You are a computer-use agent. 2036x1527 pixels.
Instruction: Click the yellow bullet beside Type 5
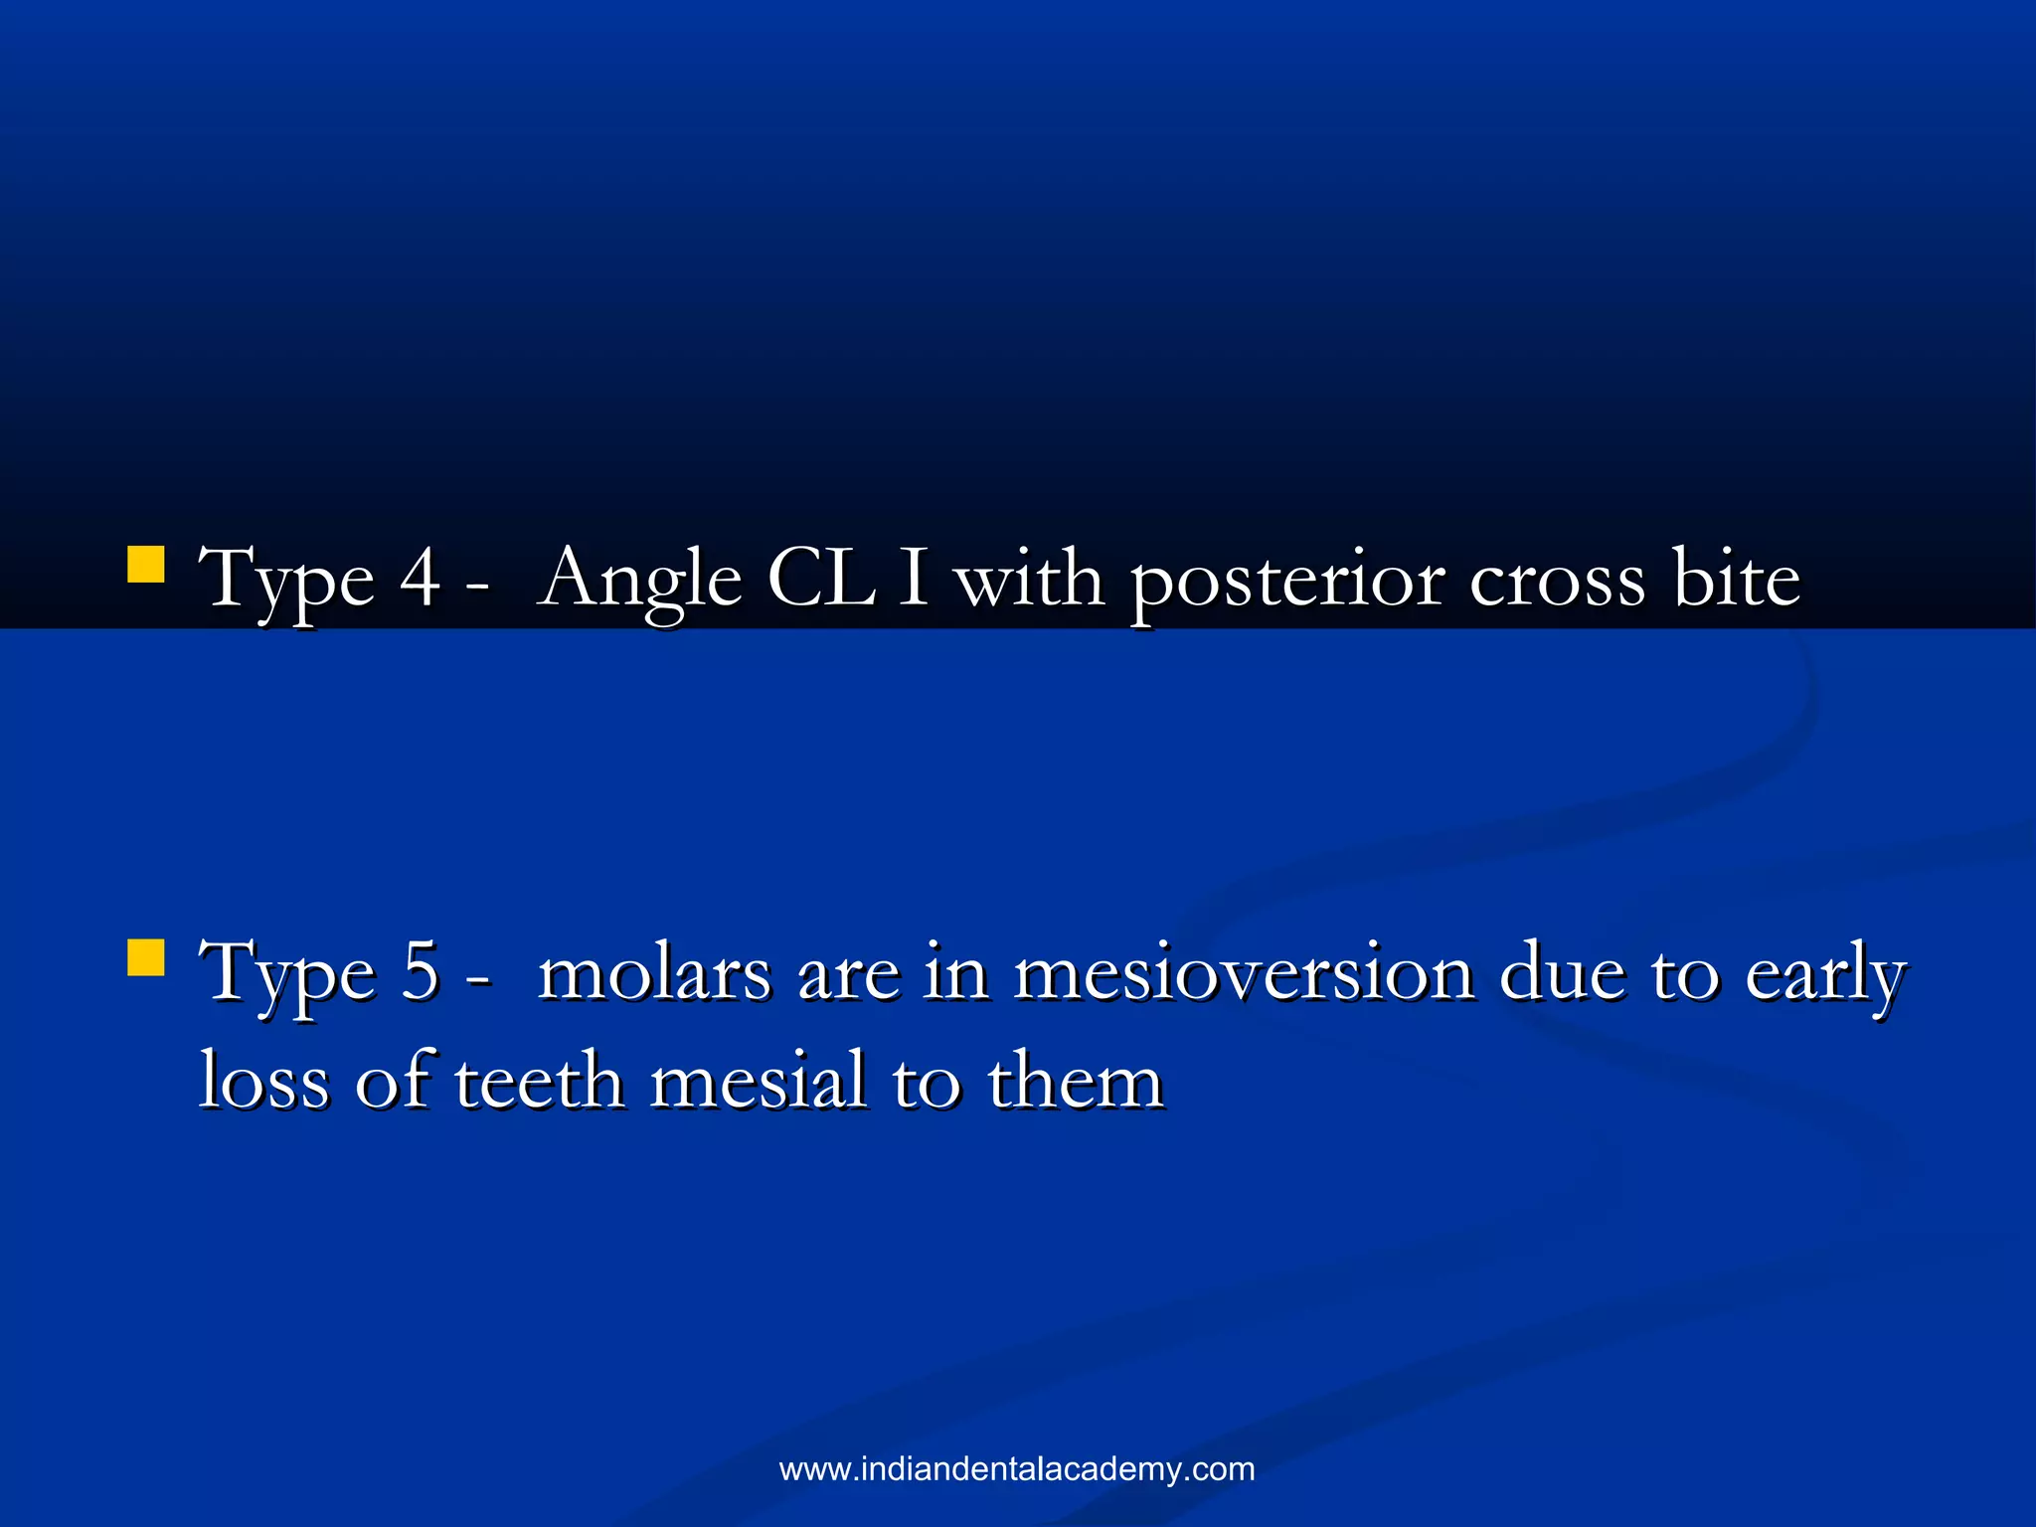coord(146,958)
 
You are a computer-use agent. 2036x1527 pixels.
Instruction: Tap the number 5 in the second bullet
coord(420,972)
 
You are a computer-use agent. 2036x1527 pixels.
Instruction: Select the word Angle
coord(640,581)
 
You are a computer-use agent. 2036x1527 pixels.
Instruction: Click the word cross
coord(1557,581)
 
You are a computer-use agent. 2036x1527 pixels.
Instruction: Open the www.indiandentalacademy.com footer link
coord(1017,1468)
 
